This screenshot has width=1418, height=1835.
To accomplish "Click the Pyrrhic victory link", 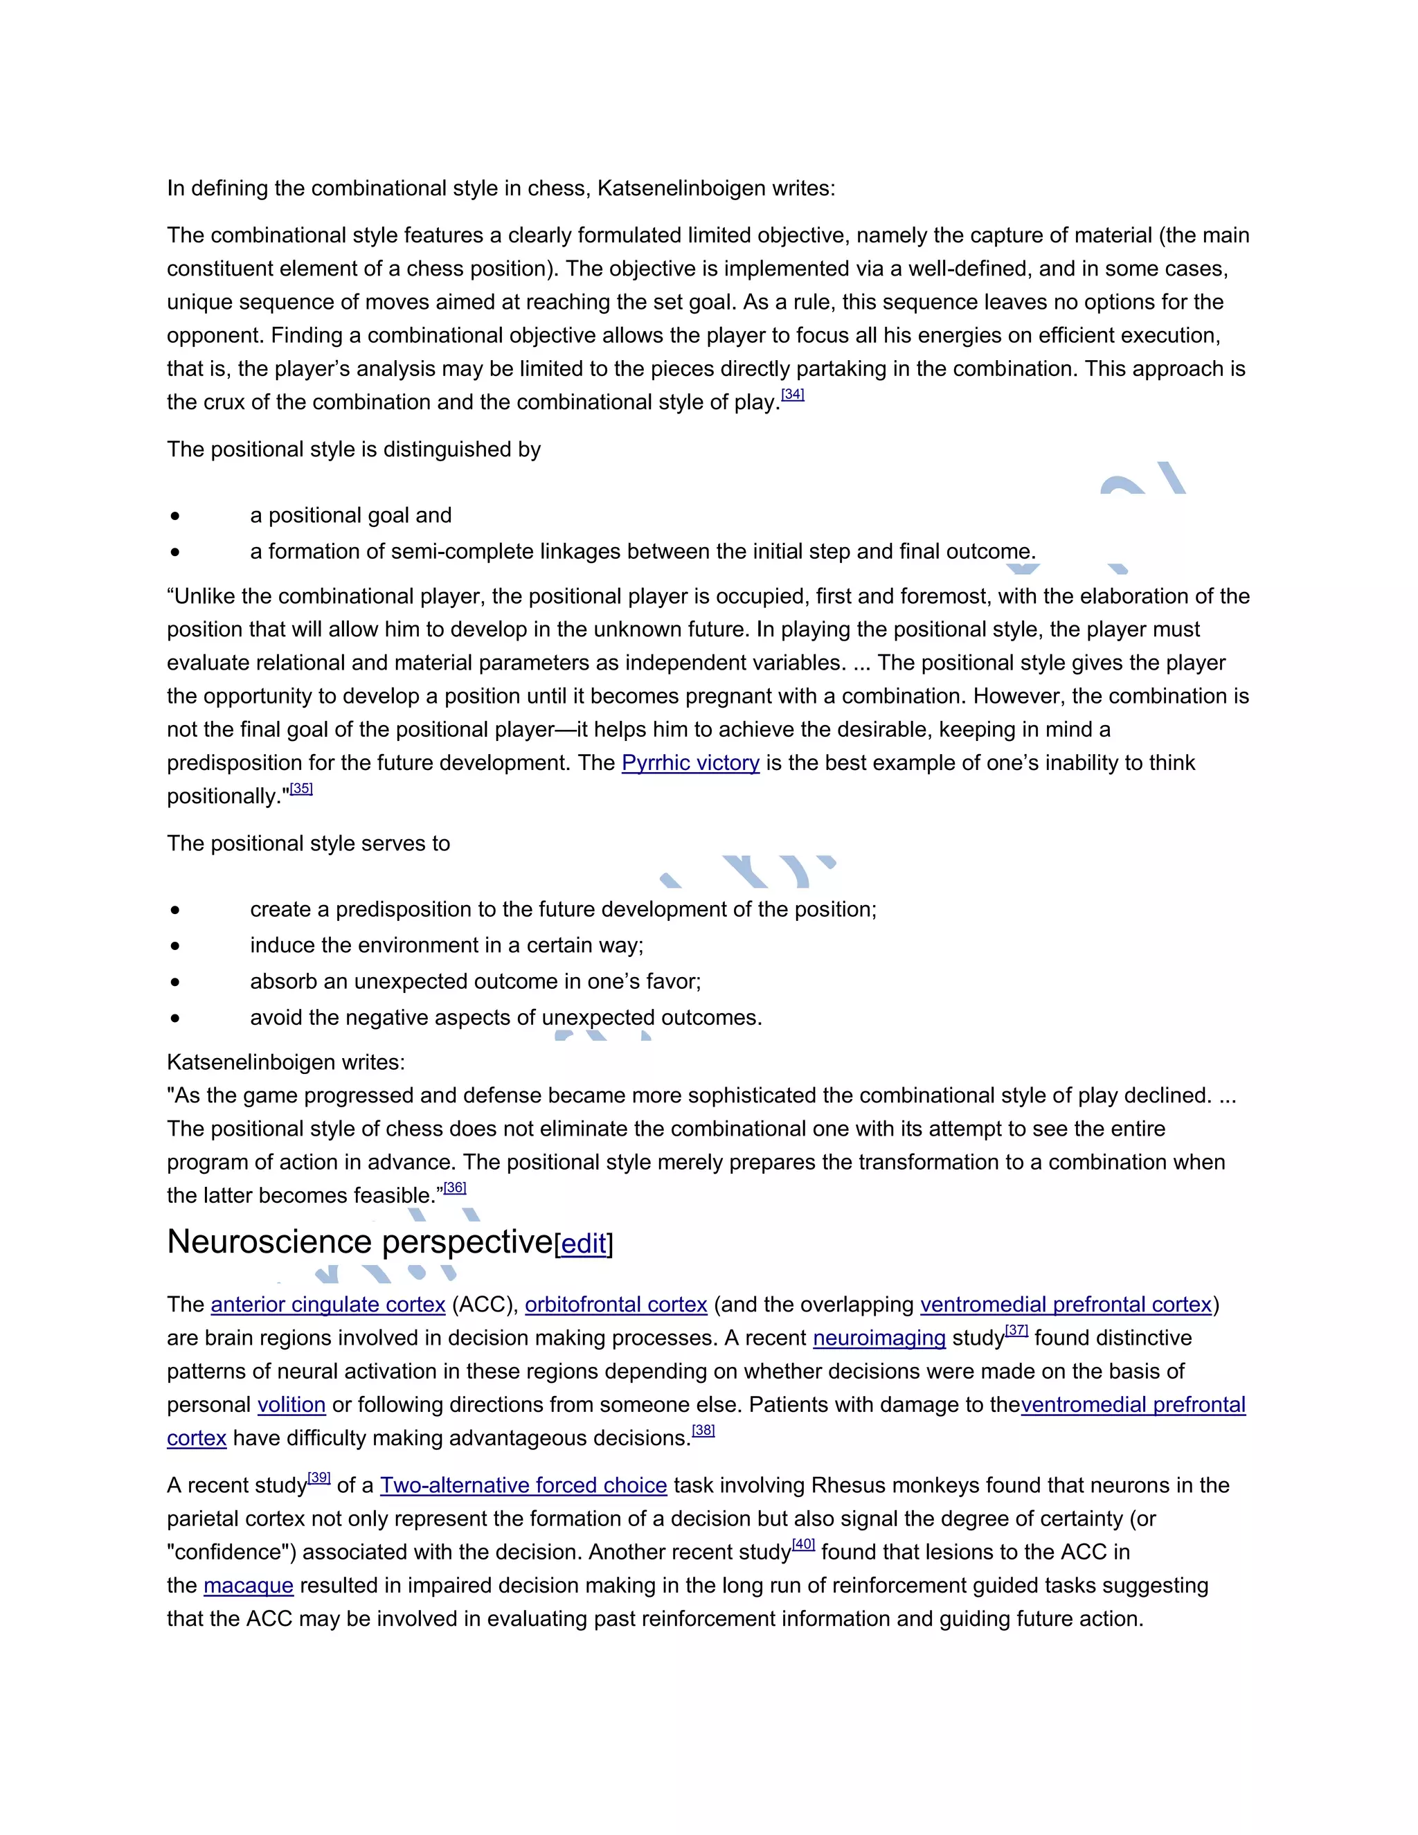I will click(690, 763).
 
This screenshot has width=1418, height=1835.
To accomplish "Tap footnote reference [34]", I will click(792, 394).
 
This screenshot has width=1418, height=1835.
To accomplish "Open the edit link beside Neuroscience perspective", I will click(583, 1244).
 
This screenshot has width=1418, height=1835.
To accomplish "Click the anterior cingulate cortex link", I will click(327, 1305).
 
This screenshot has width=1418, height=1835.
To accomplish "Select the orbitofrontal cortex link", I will click(616, 1305).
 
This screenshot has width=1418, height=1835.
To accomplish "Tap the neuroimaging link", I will click(879, 1339).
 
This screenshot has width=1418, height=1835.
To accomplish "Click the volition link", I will click(291, 1405).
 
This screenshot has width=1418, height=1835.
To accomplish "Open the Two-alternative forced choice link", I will click(523, 1485).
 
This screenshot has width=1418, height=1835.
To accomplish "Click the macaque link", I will click(248, 1586).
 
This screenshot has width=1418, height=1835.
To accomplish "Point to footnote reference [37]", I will click(1016, 1330).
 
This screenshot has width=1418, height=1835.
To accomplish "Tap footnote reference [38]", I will click(703, 1430).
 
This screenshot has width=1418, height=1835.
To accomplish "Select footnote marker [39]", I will click(319, 1477).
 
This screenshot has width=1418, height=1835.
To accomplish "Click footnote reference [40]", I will click(803, 1543).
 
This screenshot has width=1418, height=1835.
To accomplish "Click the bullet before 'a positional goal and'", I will click(174, 516).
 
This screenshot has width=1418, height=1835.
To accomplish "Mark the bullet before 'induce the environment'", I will click(174, 946).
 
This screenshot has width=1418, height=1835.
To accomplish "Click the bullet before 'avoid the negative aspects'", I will click(174, 1019).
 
